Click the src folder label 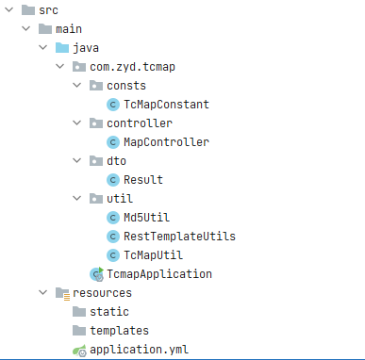[48, 10]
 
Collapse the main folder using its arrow [26, 29]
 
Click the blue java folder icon [62, 48]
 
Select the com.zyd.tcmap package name [132, 67]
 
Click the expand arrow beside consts [77, 85]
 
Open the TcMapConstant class [166, 105]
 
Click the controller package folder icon [96, 123]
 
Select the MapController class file [166, 142]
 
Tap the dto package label [116, 161]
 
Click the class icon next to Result [113, 180]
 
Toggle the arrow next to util [77, 198]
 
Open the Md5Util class [146, 218]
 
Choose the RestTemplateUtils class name [179, 237]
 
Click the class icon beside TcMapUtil [113, 255]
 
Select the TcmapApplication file [159, 274]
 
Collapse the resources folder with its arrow [43, 292]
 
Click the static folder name [109, 312]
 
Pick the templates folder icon [79, 331]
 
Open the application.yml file [139, 350]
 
